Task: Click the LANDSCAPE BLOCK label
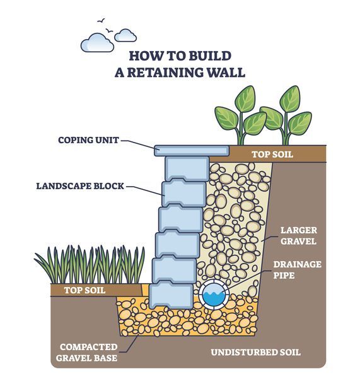coord(80,185)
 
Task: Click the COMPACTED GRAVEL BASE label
coord(89,353)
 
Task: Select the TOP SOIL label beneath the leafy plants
coord(272,154)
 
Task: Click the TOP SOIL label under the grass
coord(85,291)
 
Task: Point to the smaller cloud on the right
coord(125,35)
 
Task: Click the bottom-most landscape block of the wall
coord(171,295)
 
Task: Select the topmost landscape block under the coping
coord(187,168)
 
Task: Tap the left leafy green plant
coord(241,115)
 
